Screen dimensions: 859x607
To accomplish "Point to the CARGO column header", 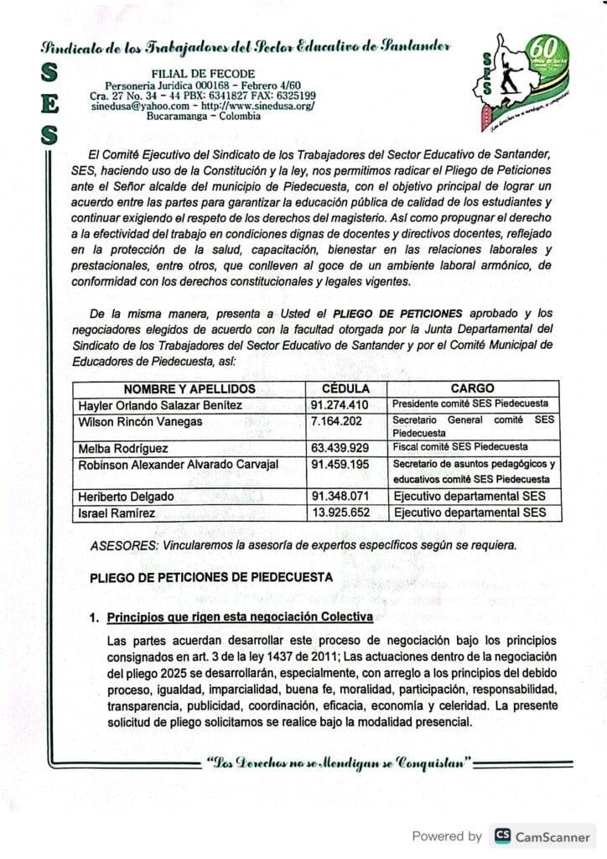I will pos(472,388).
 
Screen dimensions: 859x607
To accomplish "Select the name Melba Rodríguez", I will pos(123,448).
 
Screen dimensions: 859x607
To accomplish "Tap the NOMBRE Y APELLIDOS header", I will pos(189,388).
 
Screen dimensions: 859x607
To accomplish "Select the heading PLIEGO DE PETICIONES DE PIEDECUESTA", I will pos(211,576).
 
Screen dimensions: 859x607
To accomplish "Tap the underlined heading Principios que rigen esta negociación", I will pos(240,617).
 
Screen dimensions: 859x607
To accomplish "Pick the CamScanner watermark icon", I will pos(504,835).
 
